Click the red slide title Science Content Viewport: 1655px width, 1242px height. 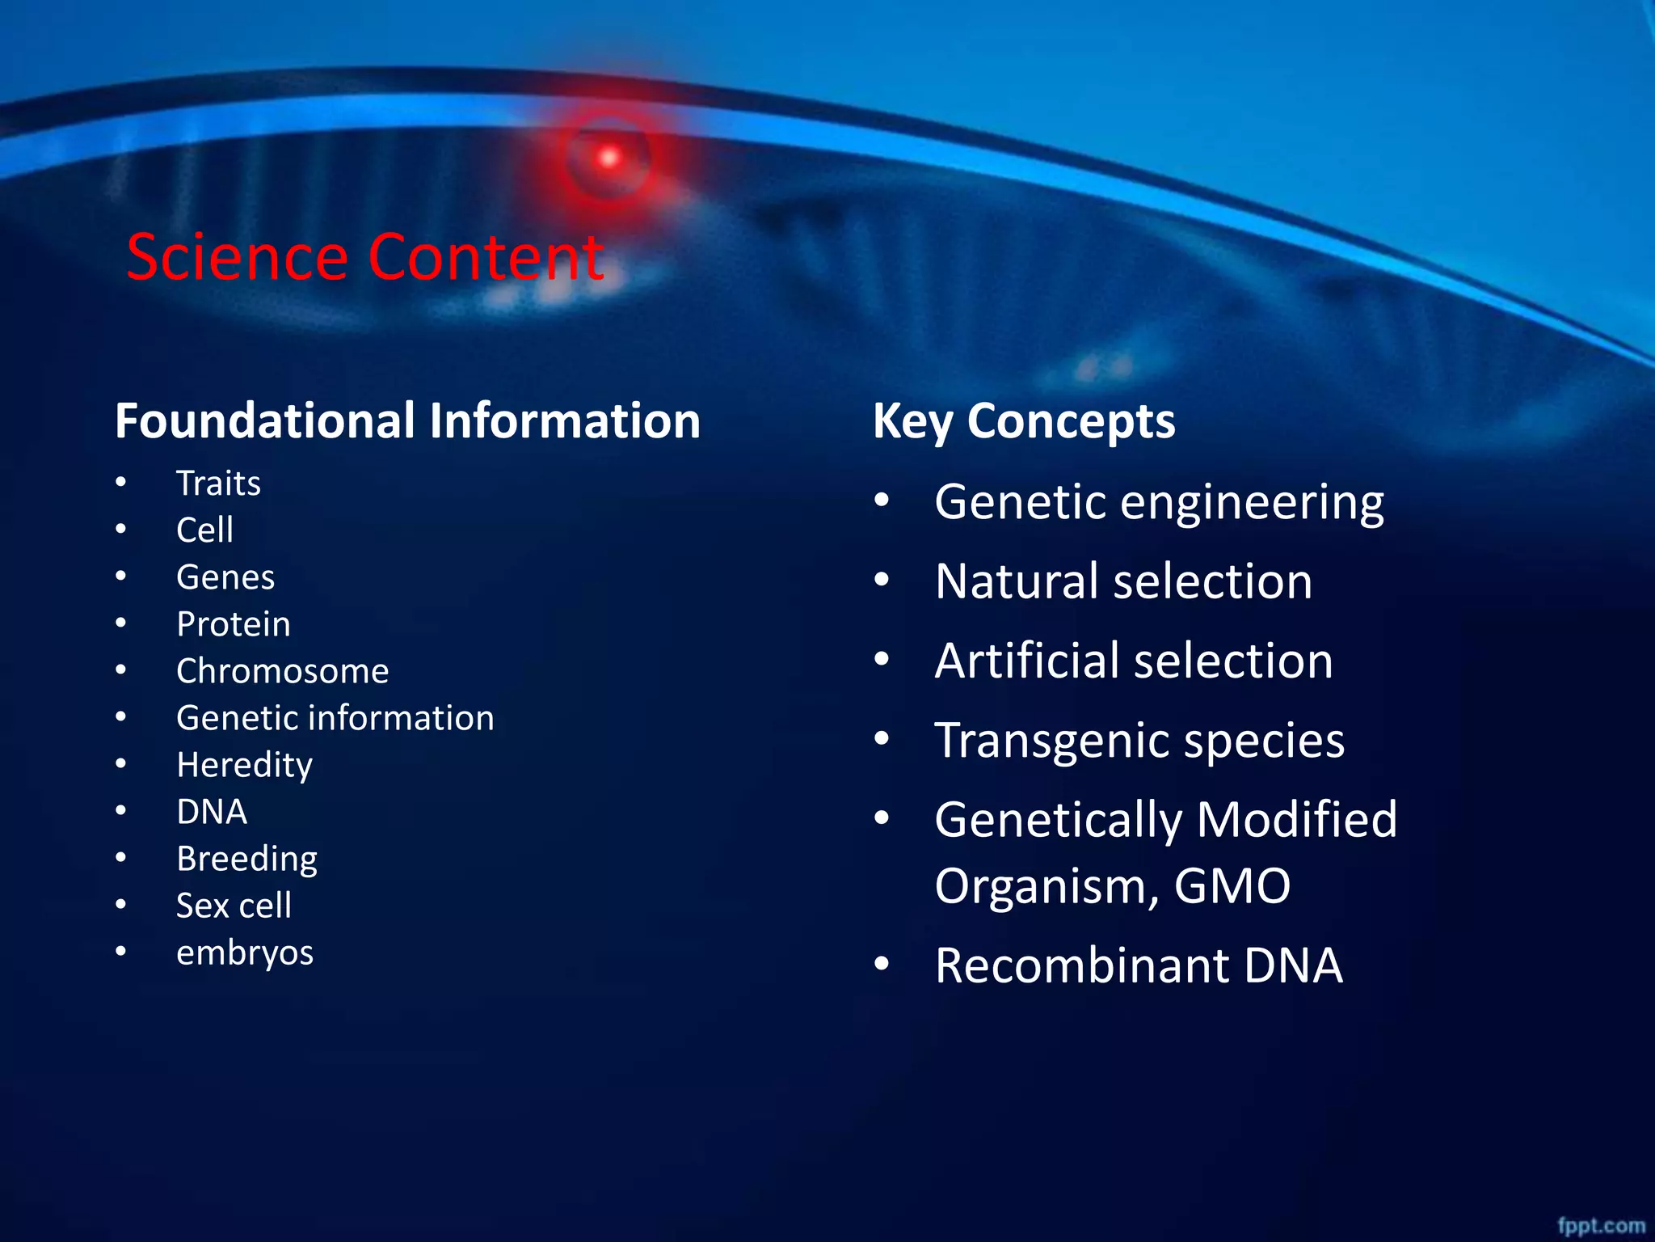(365, 257)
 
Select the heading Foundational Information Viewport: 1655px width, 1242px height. (407, 421)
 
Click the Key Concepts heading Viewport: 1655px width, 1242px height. (1024, 421)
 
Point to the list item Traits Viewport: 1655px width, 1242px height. (218, 484)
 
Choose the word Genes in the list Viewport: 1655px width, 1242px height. (225, 577)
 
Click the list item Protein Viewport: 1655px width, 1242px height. (234, 624)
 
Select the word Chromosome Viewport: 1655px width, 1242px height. (282, 671)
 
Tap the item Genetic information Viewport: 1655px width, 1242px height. (335, 718)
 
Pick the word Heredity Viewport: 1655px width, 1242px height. (244, 765)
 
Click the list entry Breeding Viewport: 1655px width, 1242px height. (246, 859)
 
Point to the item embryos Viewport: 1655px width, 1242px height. (245, 953)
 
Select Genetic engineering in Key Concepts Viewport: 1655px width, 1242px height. (1159, 502)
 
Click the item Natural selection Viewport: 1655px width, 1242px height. (1123, 581)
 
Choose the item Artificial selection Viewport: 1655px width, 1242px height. (1134, 661)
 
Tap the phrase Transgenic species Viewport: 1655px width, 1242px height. (1139, 740)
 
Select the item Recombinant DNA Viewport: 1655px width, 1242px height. (1139, 965)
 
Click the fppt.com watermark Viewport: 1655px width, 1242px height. (1601, 1226)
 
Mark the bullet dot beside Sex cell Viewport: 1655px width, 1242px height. (120, 904)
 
